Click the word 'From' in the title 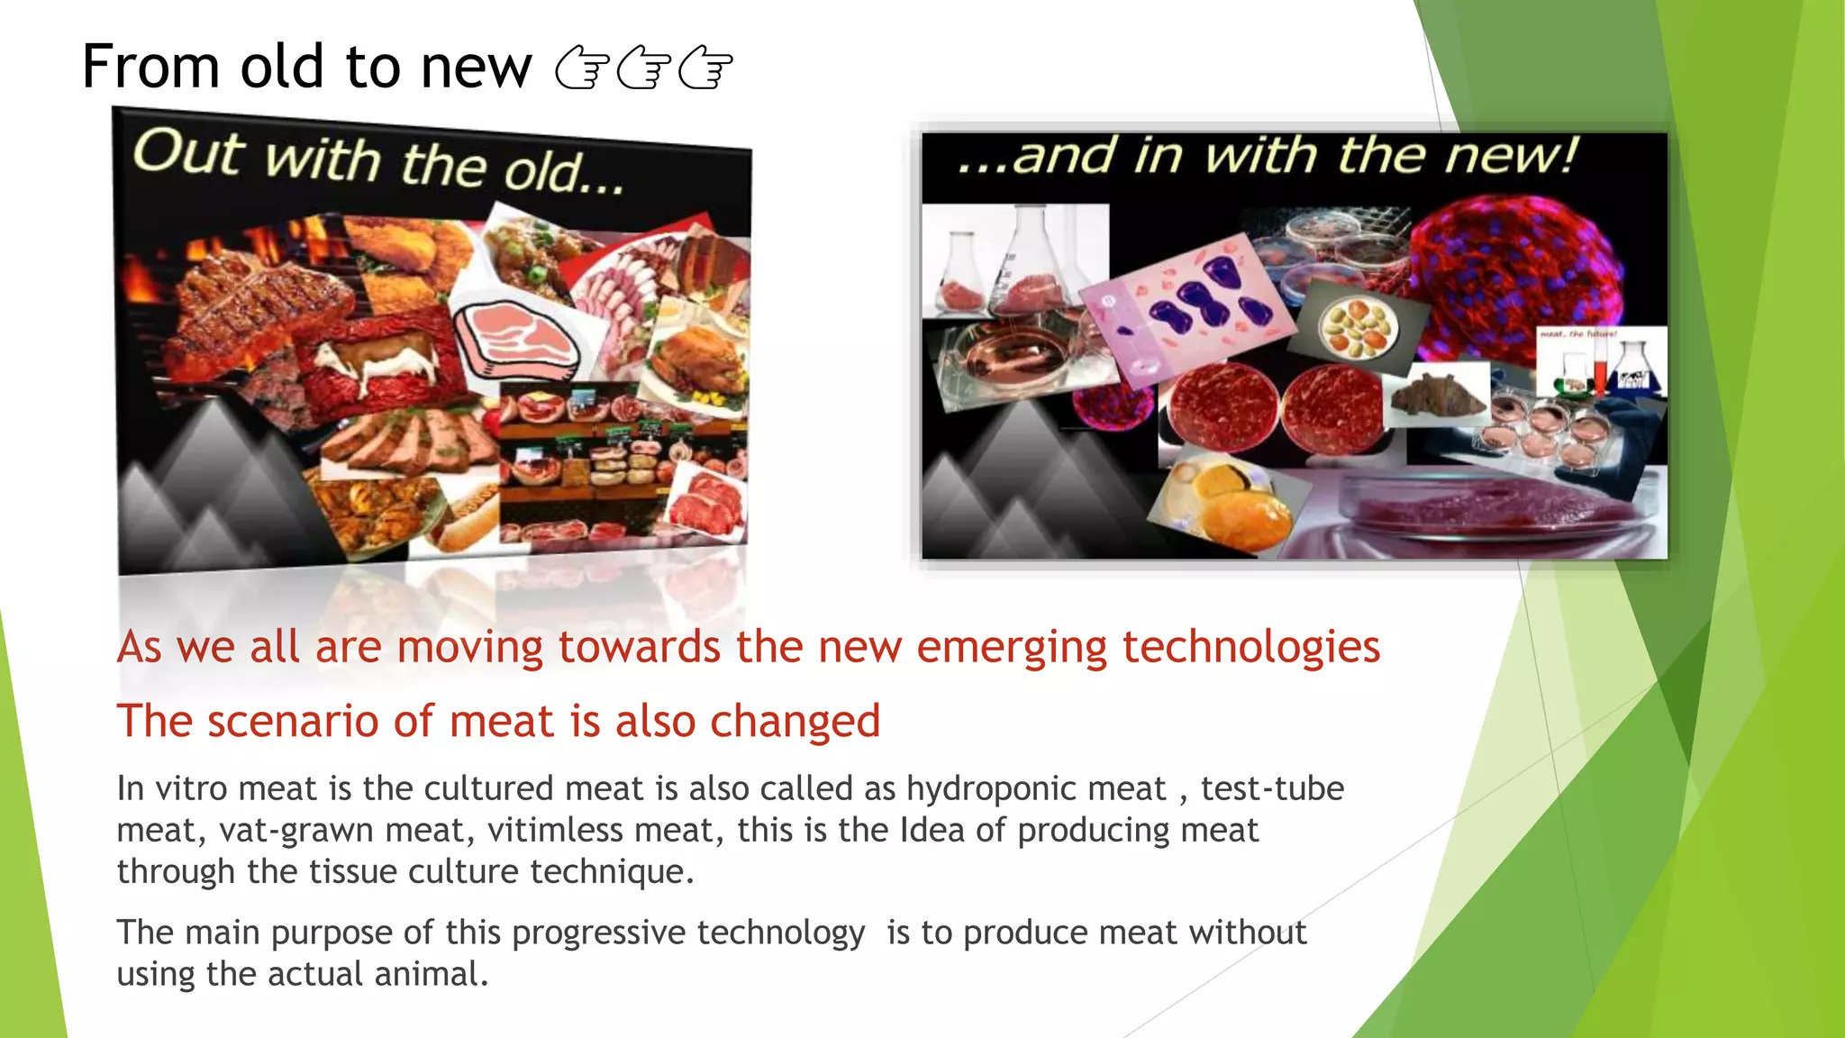150,67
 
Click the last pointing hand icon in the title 704,69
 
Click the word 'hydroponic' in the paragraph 1036,788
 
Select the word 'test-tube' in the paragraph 1272,788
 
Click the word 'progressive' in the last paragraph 598,933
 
